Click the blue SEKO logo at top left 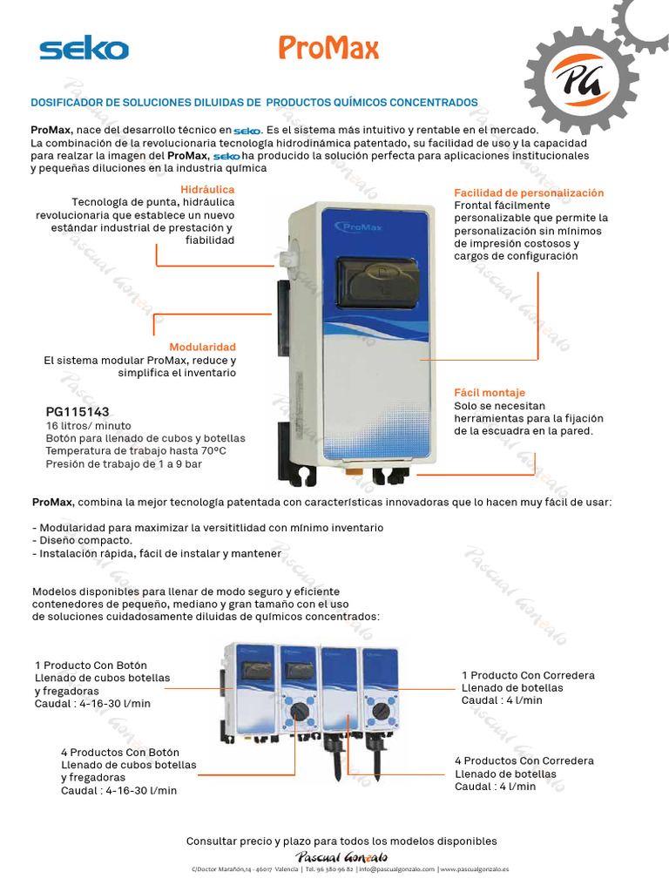pos(84,50)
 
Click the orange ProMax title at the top pos(328,49)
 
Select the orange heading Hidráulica pos(207,189)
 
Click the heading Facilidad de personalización pos(529,193)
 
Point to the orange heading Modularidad pos(202,347)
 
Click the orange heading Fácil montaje pos(490,393)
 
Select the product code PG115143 pos(78,411)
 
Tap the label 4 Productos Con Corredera pos(524,760)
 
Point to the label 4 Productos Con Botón pos(120,752)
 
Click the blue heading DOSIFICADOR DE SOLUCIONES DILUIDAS pos(254,103)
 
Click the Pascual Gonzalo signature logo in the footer pos(342,857)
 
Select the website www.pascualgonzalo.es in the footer pos(476,869)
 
